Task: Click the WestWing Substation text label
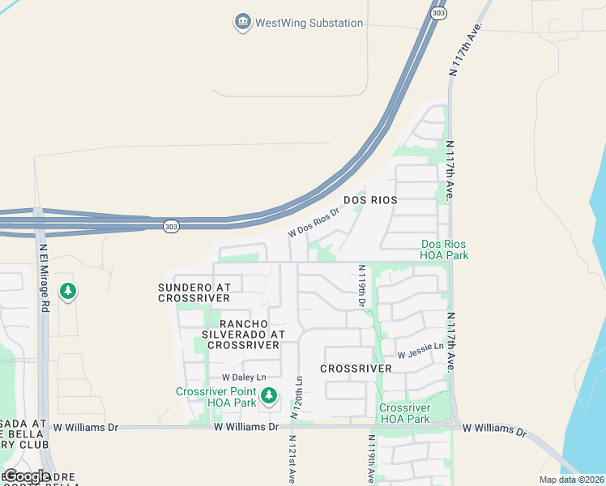[309, 23]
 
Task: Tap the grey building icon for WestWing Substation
[241, 22]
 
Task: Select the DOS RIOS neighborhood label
[369, 199]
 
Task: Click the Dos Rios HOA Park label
[445, 249]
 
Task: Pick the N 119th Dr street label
[362, 285]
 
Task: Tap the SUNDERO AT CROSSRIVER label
[194, 292]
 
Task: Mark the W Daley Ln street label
[244, 377]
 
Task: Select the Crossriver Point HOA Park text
[216, 397]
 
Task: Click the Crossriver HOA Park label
[404, 413]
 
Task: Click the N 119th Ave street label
[371, 461]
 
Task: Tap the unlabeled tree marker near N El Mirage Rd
[68, 290]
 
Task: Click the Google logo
[27, 476]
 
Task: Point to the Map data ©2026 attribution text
[571, 480]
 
